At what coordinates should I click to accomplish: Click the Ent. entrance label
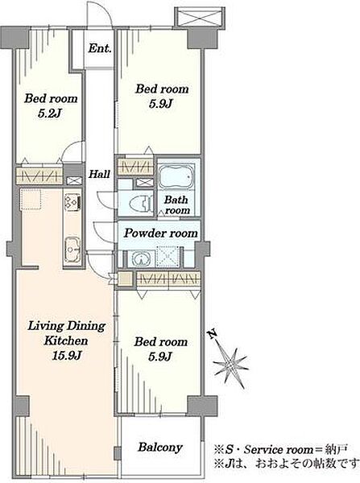click(100, 48)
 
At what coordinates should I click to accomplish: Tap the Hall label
click(99, 174)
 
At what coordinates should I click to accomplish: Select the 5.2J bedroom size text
click(49, 114)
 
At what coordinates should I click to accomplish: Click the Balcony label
click(160, 448)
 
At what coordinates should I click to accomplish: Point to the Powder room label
click(160, 233)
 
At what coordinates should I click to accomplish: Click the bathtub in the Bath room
click(176, 176)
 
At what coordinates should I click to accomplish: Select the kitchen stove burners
click(72, 201)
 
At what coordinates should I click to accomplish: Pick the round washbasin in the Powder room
click(141, 258)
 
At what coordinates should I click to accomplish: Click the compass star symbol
click(230, 365)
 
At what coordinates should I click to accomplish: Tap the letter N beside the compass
click(212, 333)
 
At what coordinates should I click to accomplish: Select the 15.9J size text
click(66, 356)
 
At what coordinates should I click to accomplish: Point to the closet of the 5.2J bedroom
click(39, 176)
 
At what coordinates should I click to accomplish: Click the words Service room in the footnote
click(278, 450)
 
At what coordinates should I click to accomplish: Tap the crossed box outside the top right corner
click(199, 17)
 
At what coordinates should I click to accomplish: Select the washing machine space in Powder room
click(166, 256)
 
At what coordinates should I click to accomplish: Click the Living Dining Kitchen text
click(66, 333)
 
